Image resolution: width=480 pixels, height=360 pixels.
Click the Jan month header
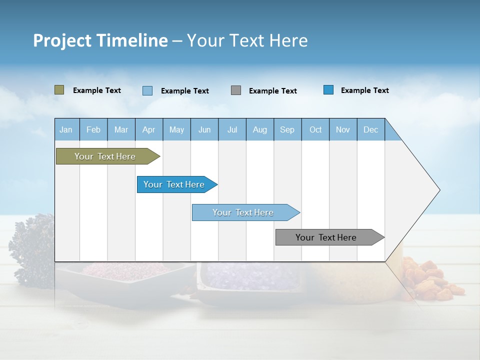pos(66,129)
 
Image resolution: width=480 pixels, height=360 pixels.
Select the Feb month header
pos(93,129)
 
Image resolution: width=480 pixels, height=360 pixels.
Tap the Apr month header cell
pos(149,129)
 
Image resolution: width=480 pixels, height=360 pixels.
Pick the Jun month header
pos(204,129)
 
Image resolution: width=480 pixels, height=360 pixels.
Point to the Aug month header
pos(260,129)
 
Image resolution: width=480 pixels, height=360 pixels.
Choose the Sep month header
pos(287,129)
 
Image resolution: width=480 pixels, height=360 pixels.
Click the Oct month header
pos(315,129)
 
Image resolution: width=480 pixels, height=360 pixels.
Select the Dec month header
pos(371,129)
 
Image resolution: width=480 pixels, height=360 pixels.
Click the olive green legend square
pos(59,90)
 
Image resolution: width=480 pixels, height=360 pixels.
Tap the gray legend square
pos(236,90)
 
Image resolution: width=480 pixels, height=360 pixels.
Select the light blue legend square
pos(147,90)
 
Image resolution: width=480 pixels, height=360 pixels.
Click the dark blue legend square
pos(328,90)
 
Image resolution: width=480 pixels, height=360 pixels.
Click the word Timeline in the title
pos(132,40)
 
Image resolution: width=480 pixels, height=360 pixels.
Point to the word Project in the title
pos(61,40)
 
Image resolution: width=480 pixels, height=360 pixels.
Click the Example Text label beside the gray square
pos(273,91)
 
